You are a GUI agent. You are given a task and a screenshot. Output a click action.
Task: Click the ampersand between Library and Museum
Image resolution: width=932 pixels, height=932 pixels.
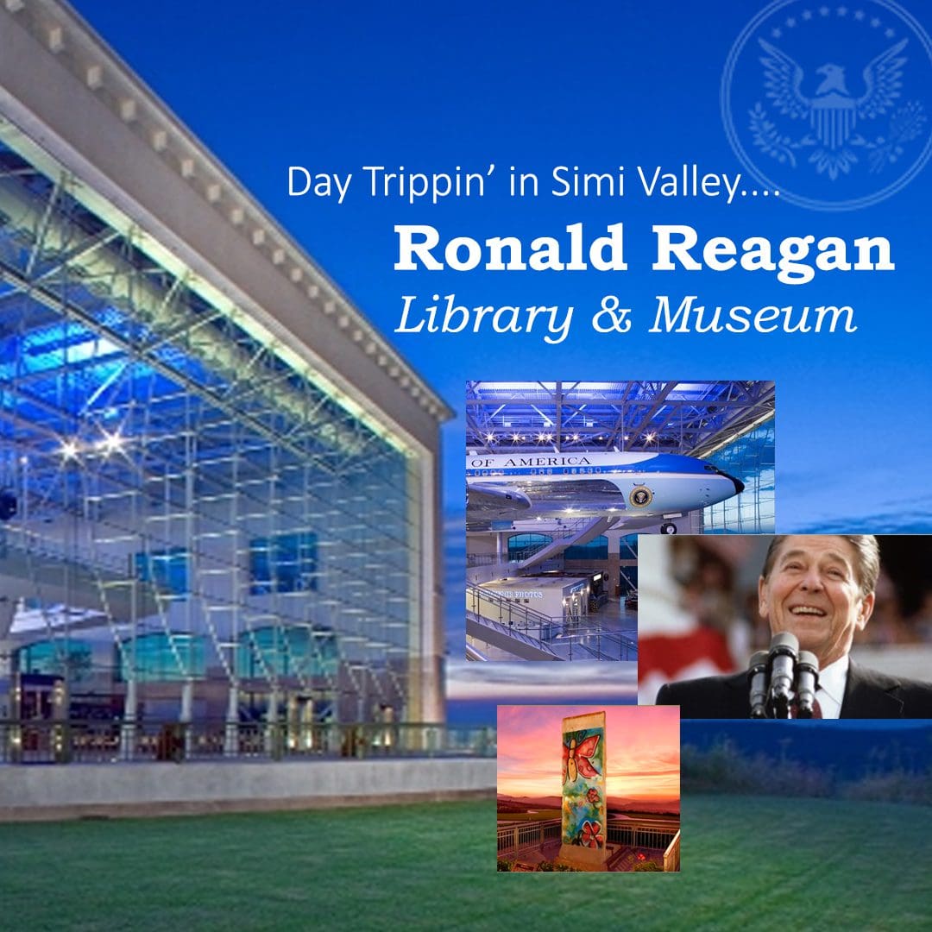click(x=610, y=317)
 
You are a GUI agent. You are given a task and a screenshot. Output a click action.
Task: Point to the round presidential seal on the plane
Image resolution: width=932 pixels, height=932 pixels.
click(x=641, y=496)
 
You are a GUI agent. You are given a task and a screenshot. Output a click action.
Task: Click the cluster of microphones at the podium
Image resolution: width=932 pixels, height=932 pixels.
click(x=784, y=664)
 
